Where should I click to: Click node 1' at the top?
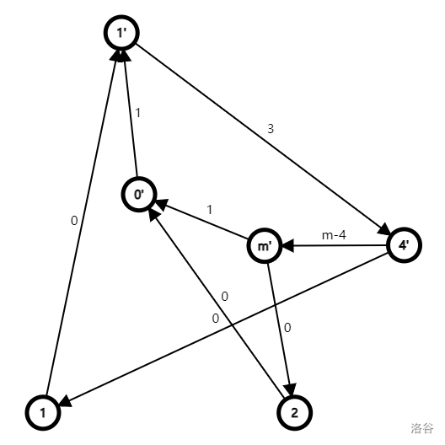pyautogui.click(x=121, y=33)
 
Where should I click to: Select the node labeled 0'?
pyautogui.click(x=139, y=194)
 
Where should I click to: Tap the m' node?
pyautogui.click(x=265, y=245)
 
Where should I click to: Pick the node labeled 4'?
pyautogui.click(x=405, y=245)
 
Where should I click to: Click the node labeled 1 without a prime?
pyautogui.click(x=43, y=412)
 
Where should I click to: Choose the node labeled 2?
pyautogui.click(x=295, y=412)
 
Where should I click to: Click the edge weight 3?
pyautogui.click(x=271, y=129)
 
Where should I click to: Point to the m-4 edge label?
pyautogui.click(x=334, y=235)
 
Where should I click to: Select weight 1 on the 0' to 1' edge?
pyautogui.click(x=138, y=113)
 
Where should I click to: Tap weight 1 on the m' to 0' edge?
pyautogui.click(x=210, y=210)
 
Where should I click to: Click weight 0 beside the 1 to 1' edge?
pyautogui.click(x=74, y=221)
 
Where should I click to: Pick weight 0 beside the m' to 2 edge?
pyautogui.click(x=287, y=328)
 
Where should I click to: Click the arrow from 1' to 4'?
pyautogui.click(x=263, y=139)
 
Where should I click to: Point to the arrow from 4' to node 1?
pyautogui.click(x=224, y=330)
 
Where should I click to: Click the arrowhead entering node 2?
pyautogui.click(x=291, y=389)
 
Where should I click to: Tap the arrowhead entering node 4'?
pyautogui.click(x=384, y=229)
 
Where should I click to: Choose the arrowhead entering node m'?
pyautogui.click(x=288, y=246)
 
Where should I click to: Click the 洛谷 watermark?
pyautogui.click(x=422, y=428)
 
